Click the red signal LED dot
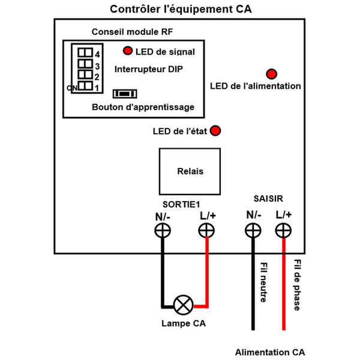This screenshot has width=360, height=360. click(128, 51)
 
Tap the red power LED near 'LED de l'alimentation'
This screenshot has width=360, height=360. click(271, 74)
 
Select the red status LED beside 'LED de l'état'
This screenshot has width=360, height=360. click(215, 131)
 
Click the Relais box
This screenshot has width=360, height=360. click(190, 171)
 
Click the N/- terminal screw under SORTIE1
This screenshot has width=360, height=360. click(161, 230)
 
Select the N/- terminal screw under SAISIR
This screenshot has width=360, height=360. click(253, 230)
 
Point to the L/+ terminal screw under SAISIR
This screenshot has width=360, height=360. click(283, 230)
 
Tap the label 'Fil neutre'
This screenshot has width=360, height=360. click(264, 281)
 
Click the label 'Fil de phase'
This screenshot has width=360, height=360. click(297, 284)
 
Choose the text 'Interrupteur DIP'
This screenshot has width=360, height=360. click(148, 69)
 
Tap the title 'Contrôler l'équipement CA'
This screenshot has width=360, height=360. click(181, 10)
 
